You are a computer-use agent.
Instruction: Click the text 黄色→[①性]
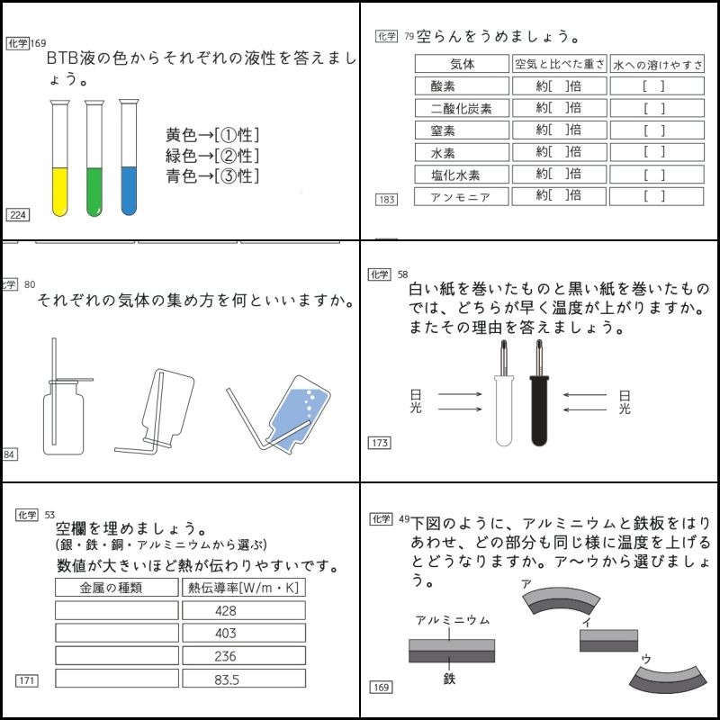pos(212,136)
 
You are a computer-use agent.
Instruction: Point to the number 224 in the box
pos(17,214)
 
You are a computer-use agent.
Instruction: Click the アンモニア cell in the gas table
pos(462,196)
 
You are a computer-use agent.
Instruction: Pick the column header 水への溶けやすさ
pos(657,65)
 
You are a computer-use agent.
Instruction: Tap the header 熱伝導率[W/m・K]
pos(243,589)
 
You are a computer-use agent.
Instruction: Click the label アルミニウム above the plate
pos(452,621)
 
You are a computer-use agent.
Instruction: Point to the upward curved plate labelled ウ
pos(668,679)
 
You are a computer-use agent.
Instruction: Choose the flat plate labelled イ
pos(608,640)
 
